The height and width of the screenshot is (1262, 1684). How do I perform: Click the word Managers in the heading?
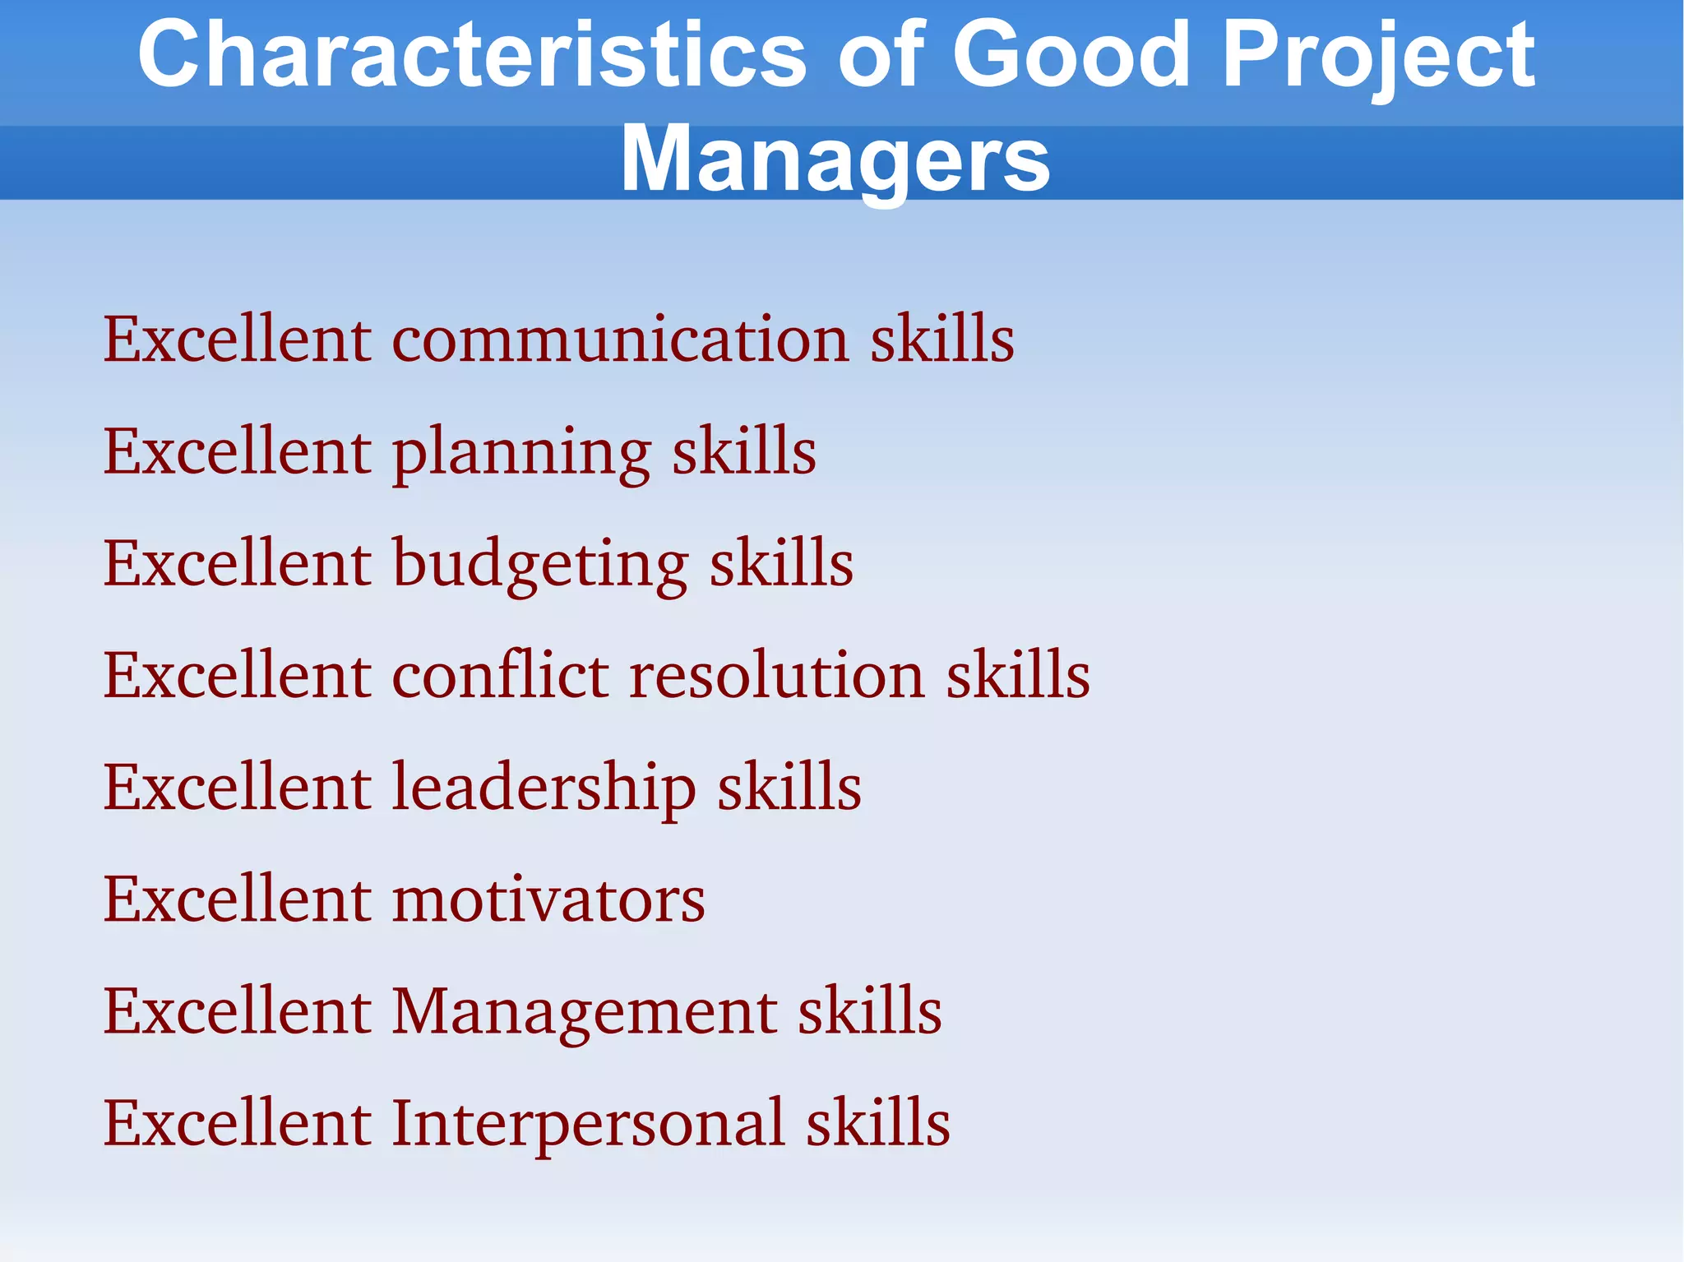click(835, 159)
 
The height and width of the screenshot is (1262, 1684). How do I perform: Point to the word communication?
click(621, 339)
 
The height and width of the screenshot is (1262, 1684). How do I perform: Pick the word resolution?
click(778, 675)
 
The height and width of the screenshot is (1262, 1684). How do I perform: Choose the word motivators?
click(548, 899)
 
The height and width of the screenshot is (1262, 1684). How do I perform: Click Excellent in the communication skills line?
click(237, 339)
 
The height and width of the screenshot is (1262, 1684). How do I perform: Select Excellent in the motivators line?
click(237, 899)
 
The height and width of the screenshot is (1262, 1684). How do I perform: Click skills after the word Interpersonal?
click(878, 1123)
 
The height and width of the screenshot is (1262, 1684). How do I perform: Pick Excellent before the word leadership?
click(237, 788)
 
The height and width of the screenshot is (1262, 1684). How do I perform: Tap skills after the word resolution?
click(1018, 675)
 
